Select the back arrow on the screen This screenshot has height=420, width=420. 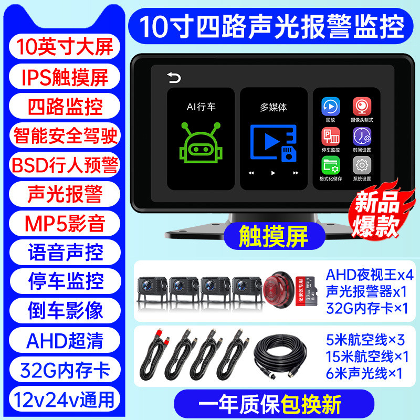point(173,79)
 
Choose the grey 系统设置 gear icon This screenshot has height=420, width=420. point(361,166)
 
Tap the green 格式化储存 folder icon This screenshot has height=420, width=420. point(330,166)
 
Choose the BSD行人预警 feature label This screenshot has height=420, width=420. point(65,164)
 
